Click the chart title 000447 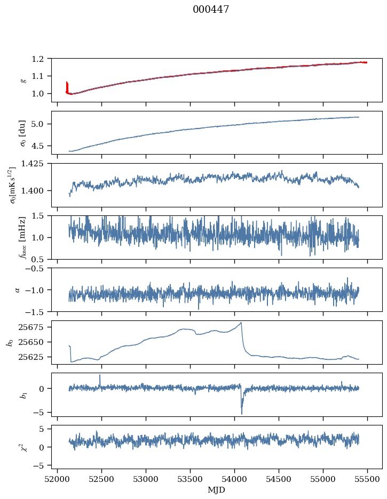211,10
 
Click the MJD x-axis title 216,490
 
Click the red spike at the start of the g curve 67,85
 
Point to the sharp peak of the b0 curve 241,323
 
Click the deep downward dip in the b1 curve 242,413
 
